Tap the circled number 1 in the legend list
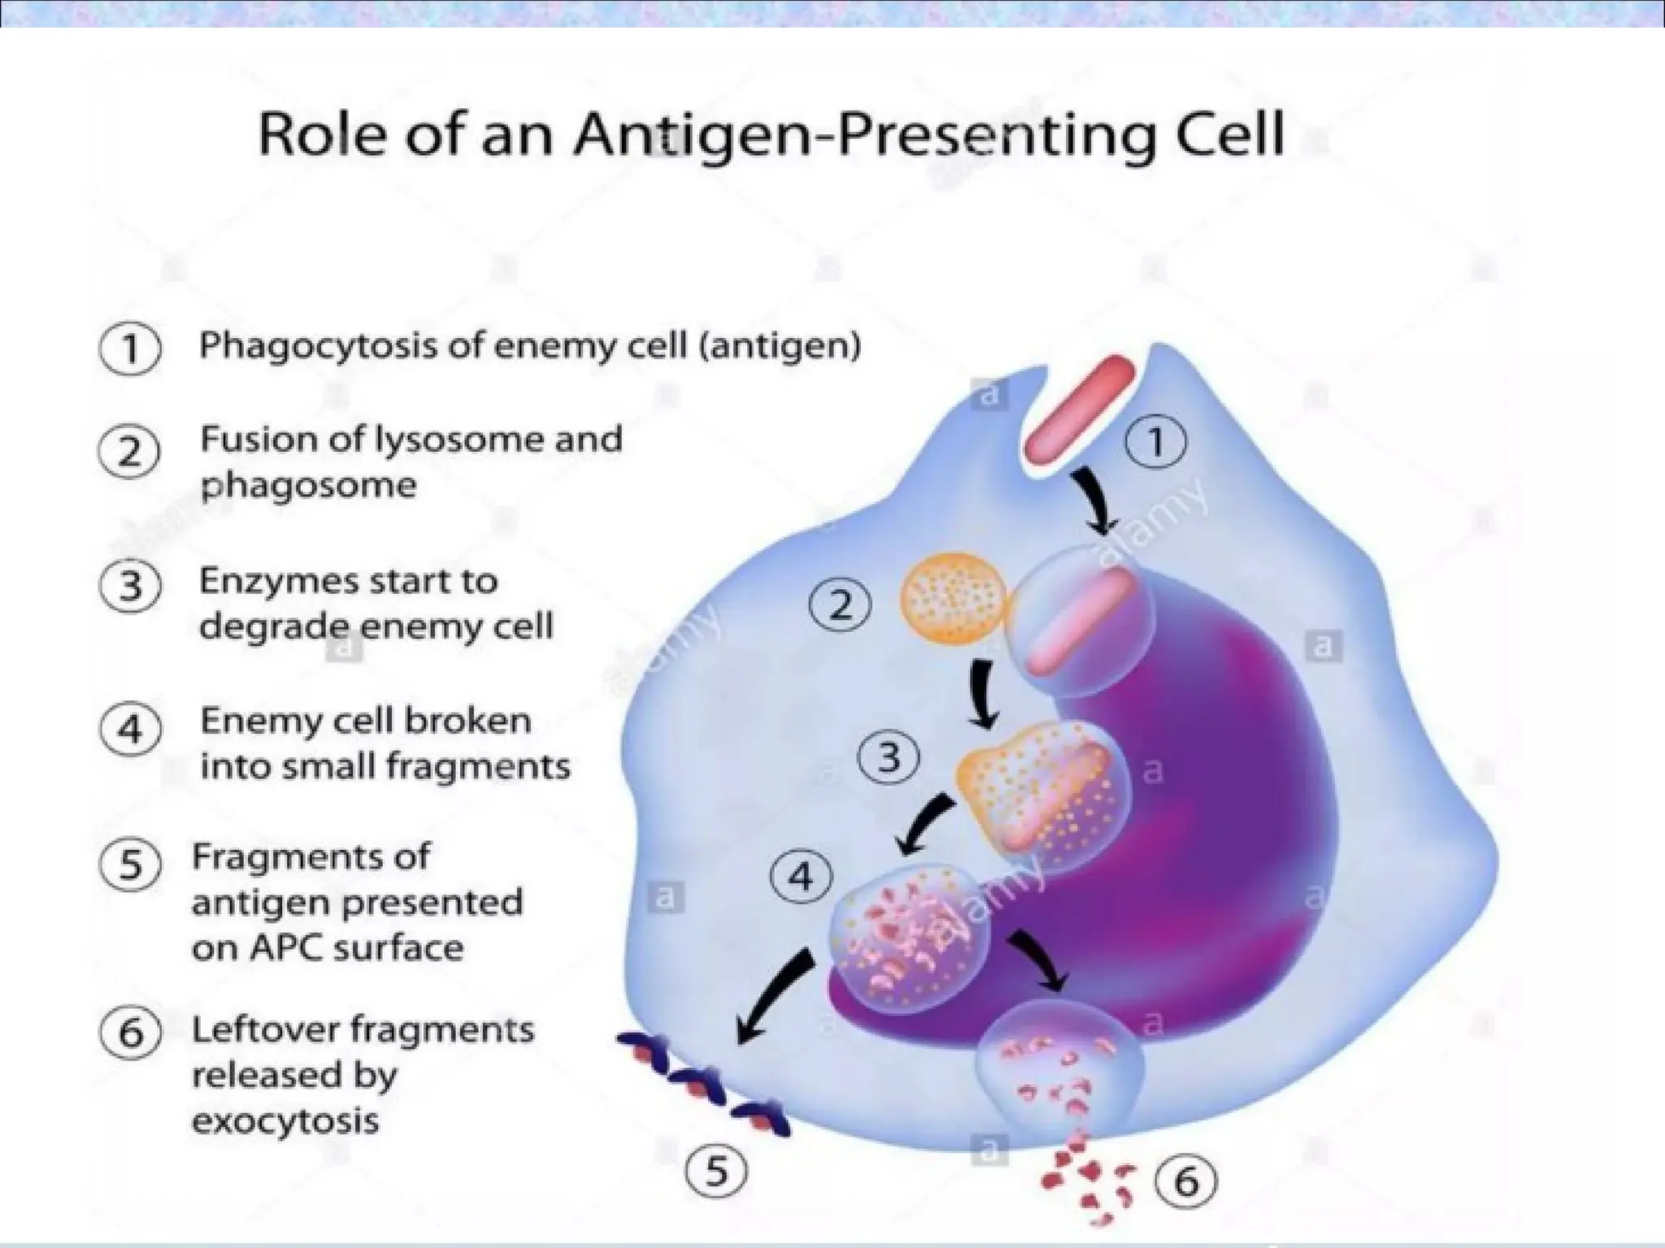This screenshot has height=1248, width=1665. (x=130, y=350)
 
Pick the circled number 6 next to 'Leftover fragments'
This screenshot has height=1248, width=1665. (x=130, y=1034)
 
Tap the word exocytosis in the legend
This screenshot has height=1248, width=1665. (x=285, y=1121)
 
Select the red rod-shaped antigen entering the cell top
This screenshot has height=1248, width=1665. (x=1078, y=416)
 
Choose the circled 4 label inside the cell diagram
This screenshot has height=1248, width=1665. (x=801, y=878)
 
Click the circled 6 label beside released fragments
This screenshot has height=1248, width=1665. (x=1187, y=1181)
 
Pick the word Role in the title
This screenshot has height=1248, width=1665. (x=318, y=136)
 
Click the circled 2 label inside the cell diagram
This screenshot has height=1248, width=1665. (x=840, y=605)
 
